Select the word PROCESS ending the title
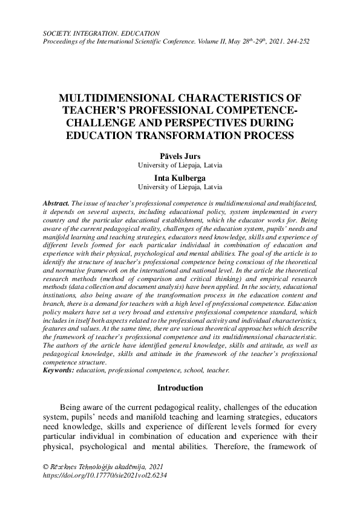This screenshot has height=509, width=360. coord(270,135)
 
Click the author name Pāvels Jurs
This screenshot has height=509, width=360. coord(180,155)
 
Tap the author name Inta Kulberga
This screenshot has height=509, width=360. coord(180,178)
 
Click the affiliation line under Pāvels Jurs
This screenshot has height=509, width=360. coord(180,164)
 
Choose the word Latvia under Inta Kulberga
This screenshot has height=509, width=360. coord(211,187)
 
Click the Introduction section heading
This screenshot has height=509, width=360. coord(180,387)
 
